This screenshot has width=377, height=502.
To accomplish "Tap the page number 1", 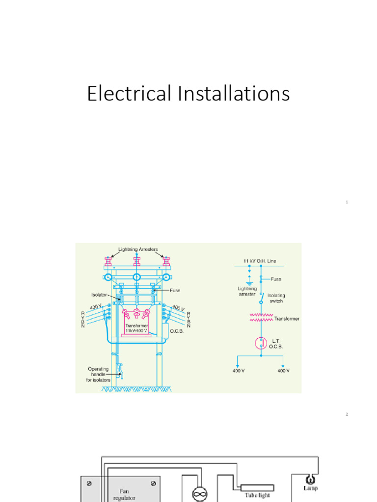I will pyautogui.click(x=347, y=202).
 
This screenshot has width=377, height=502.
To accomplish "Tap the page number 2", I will pyautogui.click(x=347, y=415).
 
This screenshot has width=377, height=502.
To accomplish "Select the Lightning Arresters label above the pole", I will pyautogui.click(x=138, y=250).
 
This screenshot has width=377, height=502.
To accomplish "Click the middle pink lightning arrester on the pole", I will pyautogui.click(x=137, y=261).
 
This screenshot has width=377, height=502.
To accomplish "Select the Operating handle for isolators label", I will pyautogui.click(x=99, y=375).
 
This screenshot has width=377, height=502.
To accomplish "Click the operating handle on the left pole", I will pyautogui.click(x=120, y=370).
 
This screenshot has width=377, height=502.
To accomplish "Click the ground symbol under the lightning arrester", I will pyautogui.click(x=249, y=282).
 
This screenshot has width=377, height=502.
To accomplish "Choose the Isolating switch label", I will pyautogui.click(x=276, y=299).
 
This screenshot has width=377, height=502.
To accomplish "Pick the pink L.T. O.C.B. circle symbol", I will pyautogui.click(x=260, y=343).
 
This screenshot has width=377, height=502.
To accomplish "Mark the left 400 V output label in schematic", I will pyautogui.click(x=239, y=371).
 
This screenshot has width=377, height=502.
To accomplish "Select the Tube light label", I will pyautogui.click(x=258, y=496).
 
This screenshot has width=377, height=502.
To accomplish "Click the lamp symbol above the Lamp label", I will pyautogui.click(x=310, y=479).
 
